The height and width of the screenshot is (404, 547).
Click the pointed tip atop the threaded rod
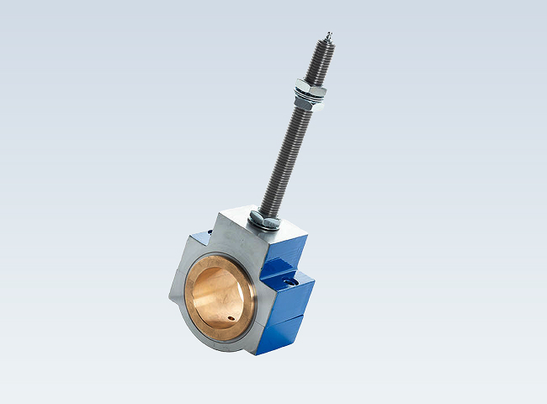tap(327, 35)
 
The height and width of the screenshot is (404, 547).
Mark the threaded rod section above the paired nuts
tap(319, 59)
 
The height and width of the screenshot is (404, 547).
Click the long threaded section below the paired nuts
tap(286, 156)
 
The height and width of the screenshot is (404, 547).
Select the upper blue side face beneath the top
tap(287, 250)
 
